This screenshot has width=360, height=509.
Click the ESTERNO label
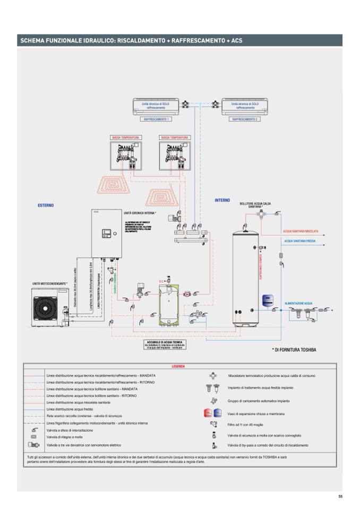[46, 205]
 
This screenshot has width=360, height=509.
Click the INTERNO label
[222, 200]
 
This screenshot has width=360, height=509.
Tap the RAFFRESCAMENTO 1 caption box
[156, 119]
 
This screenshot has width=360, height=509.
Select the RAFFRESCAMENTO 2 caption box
[244, 119]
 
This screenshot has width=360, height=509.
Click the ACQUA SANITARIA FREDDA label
[300, 241]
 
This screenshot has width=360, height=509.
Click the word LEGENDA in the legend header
[179, 366]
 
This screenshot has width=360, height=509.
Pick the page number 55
[340, 496]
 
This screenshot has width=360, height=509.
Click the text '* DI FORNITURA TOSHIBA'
[294, 349]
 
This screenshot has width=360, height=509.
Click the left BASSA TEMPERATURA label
[125, 137]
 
